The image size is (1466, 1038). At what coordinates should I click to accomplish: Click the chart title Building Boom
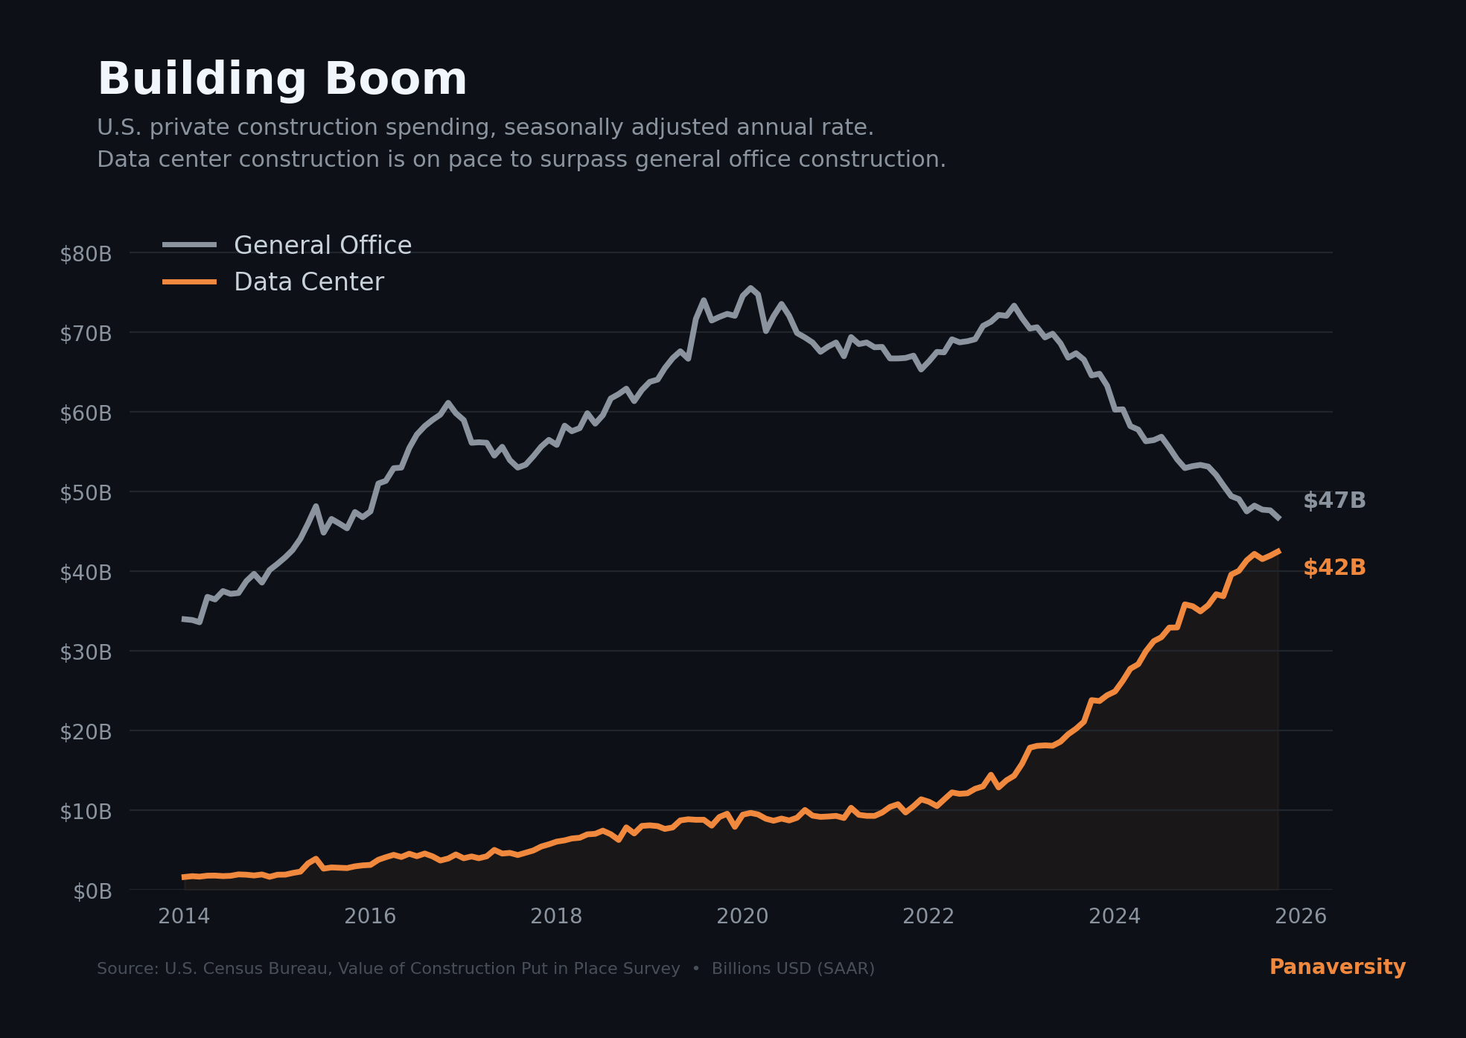tap(281, 80)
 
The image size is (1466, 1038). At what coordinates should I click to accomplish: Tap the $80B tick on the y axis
tap(86, 255)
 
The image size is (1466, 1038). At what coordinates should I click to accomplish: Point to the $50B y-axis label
tap(86, 494)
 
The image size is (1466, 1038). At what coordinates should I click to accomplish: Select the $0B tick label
tap(92, 892)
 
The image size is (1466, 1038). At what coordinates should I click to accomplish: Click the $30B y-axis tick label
tap(86, 653)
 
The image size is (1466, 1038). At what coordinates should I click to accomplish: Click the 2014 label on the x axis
tap(184, 917)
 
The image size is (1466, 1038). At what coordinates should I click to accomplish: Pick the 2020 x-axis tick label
tap(742, 917)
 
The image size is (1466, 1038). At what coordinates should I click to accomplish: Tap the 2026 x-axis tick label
tap(1301, 917)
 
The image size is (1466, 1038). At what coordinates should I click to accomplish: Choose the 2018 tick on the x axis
tap(556, 917)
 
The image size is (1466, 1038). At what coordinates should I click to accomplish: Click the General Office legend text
tap(322, 246)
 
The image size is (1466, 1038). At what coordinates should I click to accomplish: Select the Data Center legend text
tap(309, 282)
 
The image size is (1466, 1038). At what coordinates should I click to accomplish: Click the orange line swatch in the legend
tap(190, 282)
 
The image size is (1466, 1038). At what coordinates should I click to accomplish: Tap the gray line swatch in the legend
tap(190, 245)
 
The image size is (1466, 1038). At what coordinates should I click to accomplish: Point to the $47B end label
tap(1334, 501)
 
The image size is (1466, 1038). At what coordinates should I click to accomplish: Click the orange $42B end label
tap(1334, 568)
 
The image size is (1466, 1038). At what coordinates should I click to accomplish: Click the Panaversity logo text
tap(1337, 967)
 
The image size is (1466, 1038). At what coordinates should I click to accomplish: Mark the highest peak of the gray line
tap(750, 288)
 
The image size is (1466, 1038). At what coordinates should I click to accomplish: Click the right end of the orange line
tap(1278, 551)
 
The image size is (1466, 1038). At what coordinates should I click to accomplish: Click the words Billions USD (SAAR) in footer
tap(793, 969)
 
